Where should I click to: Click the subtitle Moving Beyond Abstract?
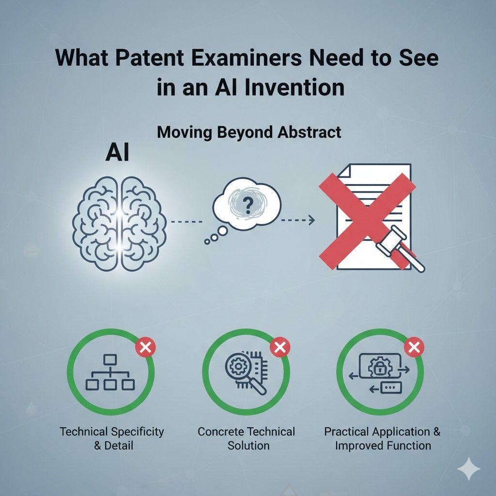point(249,132)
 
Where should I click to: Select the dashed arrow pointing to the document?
point(297,220)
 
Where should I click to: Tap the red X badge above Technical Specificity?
point(143,347)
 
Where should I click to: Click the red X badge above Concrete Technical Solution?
point(279,347)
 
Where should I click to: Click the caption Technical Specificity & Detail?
point(112,438)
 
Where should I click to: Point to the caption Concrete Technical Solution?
point(247,438)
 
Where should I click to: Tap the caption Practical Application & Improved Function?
point(383,438)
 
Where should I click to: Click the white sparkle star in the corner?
point(468,469)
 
